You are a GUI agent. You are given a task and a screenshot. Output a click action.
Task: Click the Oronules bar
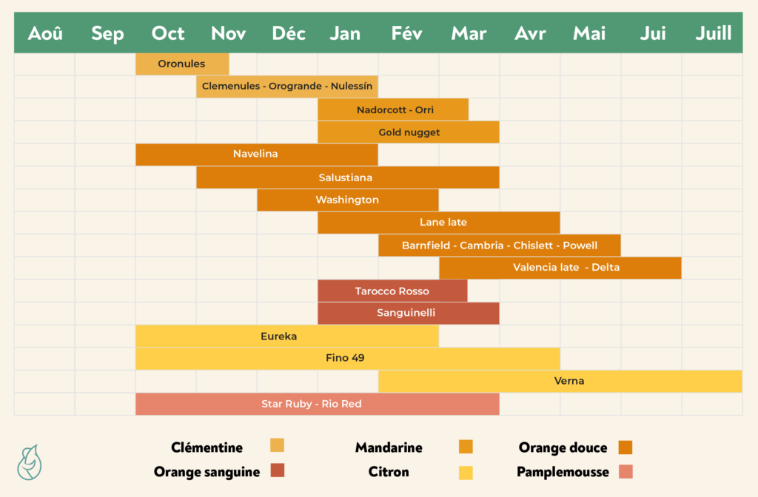click(x=182, y=64)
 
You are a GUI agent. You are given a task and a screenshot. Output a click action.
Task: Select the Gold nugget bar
click(x=409, y=132)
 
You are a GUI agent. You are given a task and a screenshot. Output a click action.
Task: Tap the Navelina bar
click(x=256, y=155)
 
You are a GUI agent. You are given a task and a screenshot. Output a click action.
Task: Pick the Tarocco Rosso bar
click(x=392, y=291)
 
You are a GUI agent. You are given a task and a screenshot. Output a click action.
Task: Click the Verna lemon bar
click(x=560, y=382)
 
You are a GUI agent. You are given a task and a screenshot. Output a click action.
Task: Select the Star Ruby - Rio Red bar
click(x=317, y=405)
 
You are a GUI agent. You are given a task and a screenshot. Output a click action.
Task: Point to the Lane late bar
click(x=439, y=223)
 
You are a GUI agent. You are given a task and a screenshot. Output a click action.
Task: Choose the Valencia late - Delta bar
click(x=560, y=268)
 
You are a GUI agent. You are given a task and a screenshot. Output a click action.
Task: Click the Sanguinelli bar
click(x=409, y=314)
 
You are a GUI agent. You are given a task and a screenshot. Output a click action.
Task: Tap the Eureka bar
click(x=287, y=337)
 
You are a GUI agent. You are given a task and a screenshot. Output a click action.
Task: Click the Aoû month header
click(x=45, y=33)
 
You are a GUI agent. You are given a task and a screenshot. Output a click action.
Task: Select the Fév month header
click(x=408, y=33)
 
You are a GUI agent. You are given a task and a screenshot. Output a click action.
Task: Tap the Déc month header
click(x=288, y=33)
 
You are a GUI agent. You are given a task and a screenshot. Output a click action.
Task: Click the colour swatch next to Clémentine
click(x=277, y=445)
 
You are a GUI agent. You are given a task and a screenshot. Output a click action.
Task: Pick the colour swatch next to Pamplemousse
click(x=625, y=472)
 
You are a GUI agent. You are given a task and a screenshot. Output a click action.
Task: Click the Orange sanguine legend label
click(x=207, y=472)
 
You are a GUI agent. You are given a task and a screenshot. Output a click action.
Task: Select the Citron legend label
click(x=389, y=472)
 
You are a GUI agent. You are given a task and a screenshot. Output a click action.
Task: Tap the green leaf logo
click(x=30, y=461)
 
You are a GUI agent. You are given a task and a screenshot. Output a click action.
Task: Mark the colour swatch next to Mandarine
click(x=466, y=447)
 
